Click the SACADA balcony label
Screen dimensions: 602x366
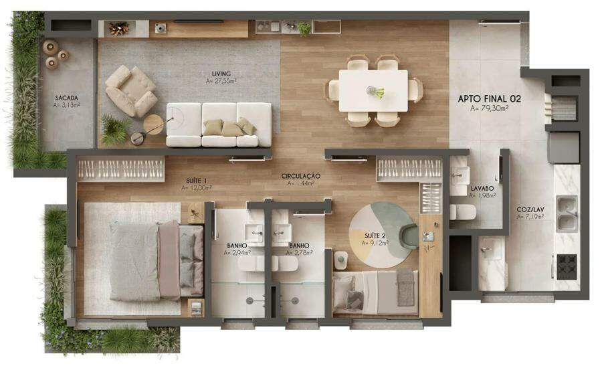[66, 98]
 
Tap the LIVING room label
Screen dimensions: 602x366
[221, 74]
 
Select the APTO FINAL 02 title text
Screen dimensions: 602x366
[489, 99]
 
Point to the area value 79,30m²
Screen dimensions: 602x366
[489, 108]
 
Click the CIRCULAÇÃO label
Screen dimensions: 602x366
[300, 176]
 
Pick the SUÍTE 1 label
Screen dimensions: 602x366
[196, 181]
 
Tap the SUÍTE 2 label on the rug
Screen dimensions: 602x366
[375, 236]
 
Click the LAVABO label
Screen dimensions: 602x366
[482, 189]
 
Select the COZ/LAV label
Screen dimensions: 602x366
[530, 209]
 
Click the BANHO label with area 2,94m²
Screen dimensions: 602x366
[237, 246]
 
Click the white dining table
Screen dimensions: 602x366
[373, 91]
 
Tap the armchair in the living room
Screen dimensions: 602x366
[131, 90]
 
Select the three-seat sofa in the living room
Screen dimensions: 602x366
[219, 125]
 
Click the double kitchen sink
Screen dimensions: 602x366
[567, 214]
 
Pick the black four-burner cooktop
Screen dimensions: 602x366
[567, 266]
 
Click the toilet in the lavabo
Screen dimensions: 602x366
[463, 212]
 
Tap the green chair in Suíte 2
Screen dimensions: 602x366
[409, 236]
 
